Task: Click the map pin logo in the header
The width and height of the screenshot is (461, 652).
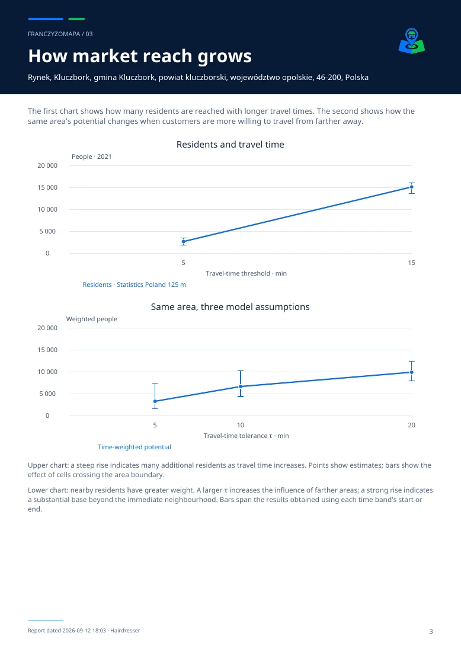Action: tap(412, 41)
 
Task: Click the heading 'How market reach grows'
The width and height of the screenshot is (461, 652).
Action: tap(140, 56)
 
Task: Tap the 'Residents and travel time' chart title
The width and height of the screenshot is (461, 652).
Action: tap(230, 144)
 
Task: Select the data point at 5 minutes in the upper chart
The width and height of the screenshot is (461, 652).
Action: tap(183, 241)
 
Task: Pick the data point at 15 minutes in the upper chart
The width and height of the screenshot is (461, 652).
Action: tap(412, 187)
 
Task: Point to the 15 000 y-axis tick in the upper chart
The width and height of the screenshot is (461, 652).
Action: tap(47, 187)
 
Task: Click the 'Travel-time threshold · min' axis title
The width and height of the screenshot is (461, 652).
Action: tap(246, 273)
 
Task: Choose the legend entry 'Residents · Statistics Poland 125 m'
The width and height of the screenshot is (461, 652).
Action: tap(135, 285)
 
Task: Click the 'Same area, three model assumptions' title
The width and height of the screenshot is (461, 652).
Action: tap(230, 307)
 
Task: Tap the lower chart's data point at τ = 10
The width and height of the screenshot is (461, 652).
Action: tap(240, 386)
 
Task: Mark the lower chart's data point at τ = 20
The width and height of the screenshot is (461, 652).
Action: tap(412, 372)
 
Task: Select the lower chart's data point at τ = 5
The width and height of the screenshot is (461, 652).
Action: tap(155, 401)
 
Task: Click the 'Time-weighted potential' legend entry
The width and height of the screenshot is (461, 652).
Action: tap(135, 447)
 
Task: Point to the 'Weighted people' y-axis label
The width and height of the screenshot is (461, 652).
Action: tap(91, 319)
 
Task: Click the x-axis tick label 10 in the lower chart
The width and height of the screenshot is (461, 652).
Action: tap(240, 425)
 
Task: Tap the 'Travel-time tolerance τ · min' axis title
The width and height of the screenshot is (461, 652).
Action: tap(246, 436)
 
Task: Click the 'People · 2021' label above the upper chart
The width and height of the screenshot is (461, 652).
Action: tap(91, 156)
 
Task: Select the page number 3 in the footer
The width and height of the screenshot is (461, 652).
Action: tap(431, 631)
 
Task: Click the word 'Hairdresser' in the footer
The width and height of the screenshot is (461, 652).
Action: tap(125, 631)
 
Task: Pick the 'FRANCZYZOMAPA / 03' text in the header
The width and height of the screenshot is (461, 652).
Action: tap(60, 34)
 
